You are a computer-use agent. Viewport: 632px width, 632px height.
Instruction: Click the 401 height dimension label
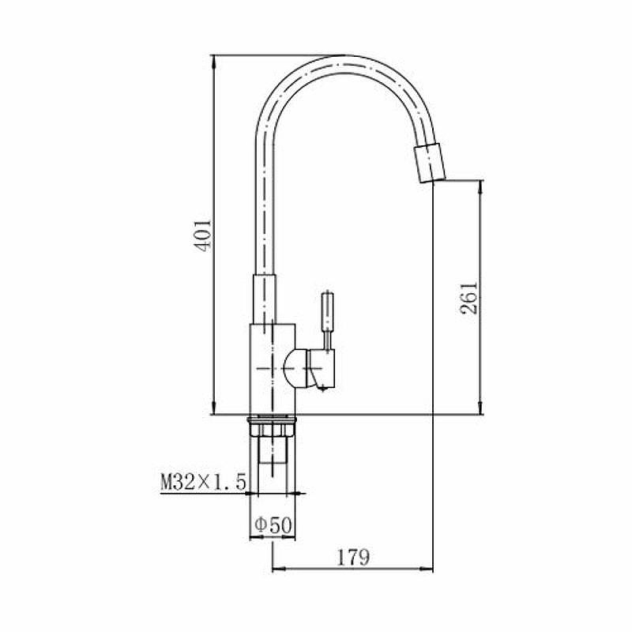point(203,235)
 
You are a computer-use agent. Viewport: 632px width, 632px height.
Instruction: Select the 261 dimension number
point(469,298)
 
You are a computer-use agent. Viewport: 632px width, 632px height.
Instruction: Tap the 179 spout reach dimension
point(353,558)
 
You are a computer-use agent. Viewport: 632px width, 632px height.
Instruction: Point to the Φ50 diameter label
point(273,525)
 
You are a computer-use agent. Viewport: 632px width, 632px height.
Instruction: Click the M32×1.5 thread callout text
point(203,482)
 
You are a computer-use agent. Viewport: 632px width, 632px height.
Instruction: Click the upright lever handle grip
point(327,310)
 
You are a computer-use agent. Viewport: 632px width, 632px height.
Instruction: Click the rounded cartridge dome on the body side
point(295,369)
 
